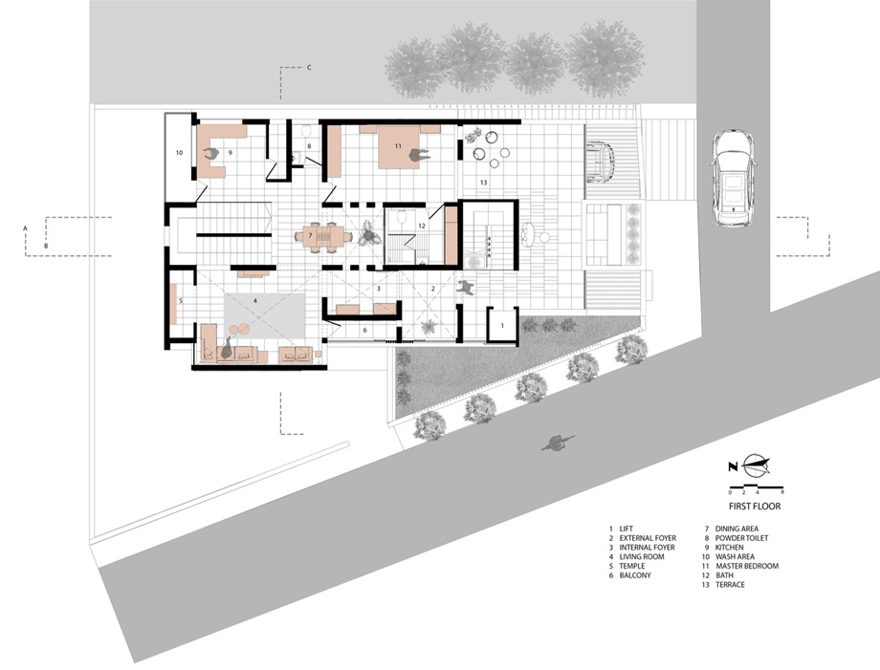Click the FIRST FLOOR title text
[x=755, y=506]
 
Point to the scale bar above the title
[x=756, y=486]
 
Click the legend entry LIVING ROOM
[x=642, y=557]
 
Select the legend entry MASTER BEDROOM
[x=746, y=566]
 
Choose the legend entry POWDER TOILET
[x=741, y=538]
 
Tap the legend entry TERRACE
[x=730, y=585]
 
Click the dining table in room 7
[x=321, y=236]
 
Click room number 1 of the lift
[x=502, y=325]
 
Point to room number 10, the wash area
[x=179, y=152]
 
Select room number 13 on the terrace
[x=483, y=183]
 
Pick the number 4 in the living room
[x=254, y=300]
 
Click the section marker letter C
[x=309, y=68]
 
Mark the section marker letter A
[x=25, y=228]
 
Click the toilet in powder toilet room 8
[x=306, y=131]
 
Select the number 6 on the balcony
[x=364, y=331]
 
